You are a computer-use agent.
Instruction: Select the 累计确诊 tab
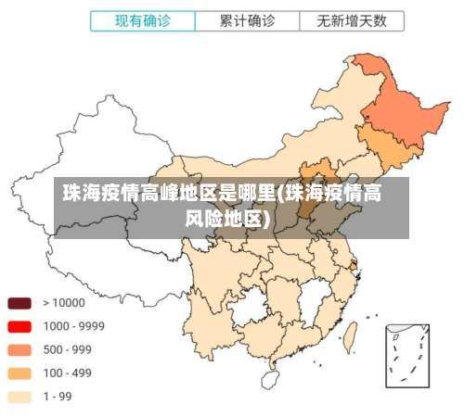(247, 19)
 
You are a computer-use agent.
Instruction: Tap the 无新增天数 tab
(352, 19)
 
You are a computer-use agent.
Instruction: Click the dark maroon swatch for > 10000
(19, 303)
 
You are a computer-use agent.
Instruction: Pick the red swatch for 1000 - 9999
(19, 326)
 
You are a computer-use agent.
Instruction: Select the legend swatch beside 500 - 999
(19, 350)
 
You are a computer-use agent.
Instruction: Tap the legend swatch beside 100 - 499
(19, 373)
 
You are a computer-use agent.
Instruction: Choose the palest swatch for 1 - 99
(19, 397)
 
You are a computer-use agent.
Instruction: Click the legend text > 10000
(63, 303)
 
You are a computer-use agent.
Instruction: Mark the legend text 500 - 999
(67, 350)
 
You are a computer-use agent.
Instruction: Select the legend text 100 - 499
(67, 373)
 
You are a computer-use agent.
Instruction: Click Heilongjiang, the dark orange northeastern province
(399, 102)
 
